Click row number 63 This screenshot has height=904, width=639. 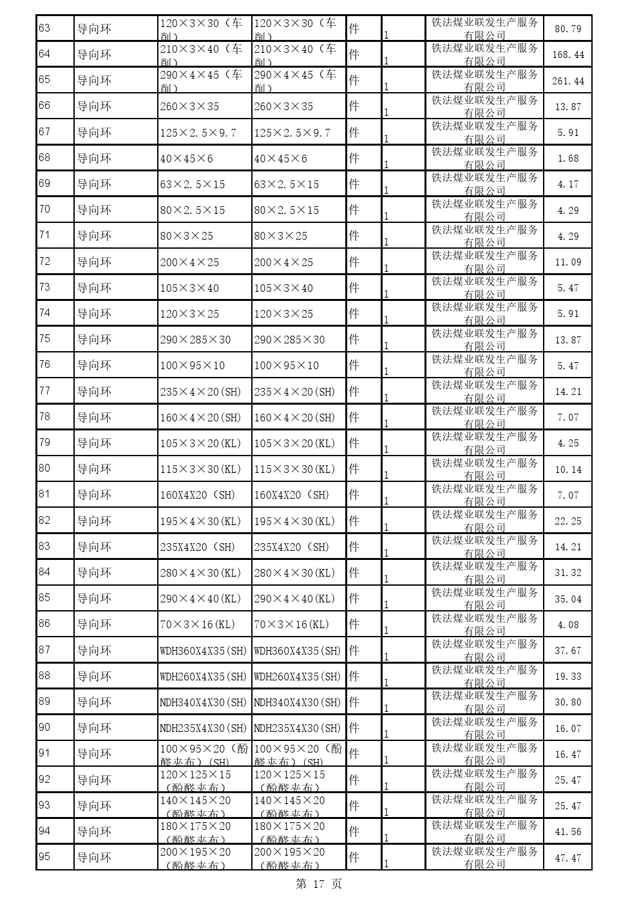pos(44,28)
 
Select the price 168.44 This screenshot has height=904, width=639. pos(567,55)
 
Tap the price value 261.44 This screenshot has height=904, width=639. pos(567,81)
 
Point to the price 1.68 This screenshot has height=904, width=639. pos(567,159)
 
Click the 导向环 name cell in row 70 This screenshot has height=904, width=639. pos(94,210)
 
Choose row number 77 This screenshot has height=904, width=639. pos(44,391)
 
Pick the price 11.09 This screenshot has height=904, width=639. pos(567,262)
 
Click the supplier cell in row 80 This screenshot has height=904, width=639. pos(484,469)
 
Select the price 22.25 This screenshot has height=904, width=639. pos(567,521)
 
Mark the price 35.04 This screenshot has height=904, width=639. pos(567,599)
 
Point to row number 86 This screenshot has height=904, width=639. pos(44,624)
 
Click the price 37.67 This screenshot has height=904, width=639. pos(567,651)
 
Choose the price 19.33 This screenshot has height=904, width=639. pos(567,677)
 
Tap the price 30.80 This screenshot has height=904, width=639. pos(567,702)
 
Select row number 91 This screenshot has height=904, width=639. pos(44,753)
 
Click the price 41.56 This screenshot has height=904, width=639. pos(567,832)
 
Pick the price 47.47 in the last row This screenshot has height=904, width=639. pos(567,858)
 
